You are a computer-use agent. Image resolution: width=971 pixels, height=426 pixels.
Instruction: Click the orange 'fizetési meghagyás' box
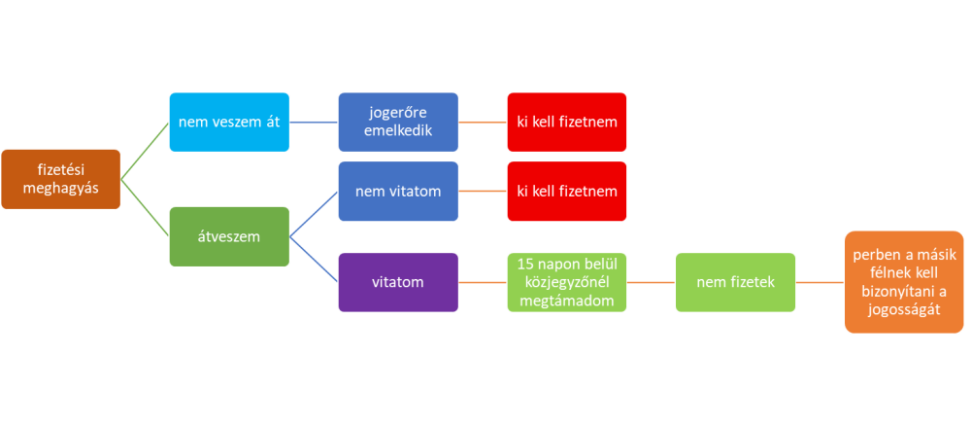61,180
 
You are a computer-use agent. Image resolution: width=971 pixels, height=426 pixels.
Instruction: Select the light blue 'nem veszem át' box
229,123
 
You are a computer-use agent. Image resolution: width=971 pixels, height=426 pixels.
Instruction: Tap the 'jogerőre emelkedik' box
398,123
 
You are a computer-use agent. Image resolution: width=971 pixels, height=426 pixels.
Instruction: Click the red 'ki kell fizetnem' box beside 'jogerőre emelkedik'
567,123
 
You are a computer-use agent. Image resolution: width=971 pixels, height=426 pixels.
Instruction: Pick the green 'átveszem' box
229,236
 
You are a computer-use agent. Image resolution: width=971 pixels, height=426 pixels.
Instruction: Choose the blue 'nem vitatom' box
398,191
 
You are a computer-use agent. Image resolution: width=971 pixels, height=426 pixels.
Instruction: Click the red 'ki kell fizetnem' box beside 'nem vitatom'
567,191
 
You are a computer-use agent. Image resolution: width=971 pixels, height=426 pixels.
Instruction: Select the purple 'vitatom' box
398,282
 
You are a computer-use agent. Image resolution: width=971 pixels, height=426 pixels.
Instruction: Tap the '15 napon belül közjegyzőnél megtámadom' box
567,282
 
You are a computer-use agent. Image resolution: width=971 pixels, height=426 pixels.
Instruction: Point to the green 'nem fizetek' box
736,282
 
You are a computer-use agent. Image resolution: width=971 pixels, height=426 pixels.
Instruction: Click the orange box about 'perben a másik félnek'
904,282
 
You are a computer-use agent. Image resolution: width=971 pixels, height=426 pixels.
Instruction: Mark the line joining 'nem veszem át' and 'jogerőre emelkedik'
314,123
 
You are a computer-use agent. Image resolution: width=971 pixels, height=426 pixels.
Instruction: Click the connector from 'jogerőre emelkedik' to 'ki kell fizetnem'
483,123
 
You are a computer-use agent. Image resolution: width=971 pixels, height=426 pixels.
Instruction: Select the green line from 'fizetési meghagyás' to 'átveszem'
145,208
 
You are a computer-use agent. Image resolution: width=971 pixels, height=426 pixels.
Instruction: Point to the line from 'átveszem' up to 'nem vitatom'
313,214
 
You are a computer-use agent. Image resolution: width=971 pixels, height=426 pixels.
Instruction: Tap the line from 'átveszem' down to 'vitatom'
313,259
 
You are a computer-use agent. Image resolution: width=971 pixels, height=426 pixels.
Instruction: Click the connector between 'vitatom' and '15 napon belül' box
483,282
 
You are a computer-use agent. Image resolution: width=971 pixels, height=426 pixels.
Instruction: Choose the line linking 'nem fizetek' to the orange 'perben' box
820,282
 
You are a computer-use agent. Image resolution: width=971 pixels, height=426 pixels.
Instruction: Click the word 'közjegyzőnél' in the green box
567,282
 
